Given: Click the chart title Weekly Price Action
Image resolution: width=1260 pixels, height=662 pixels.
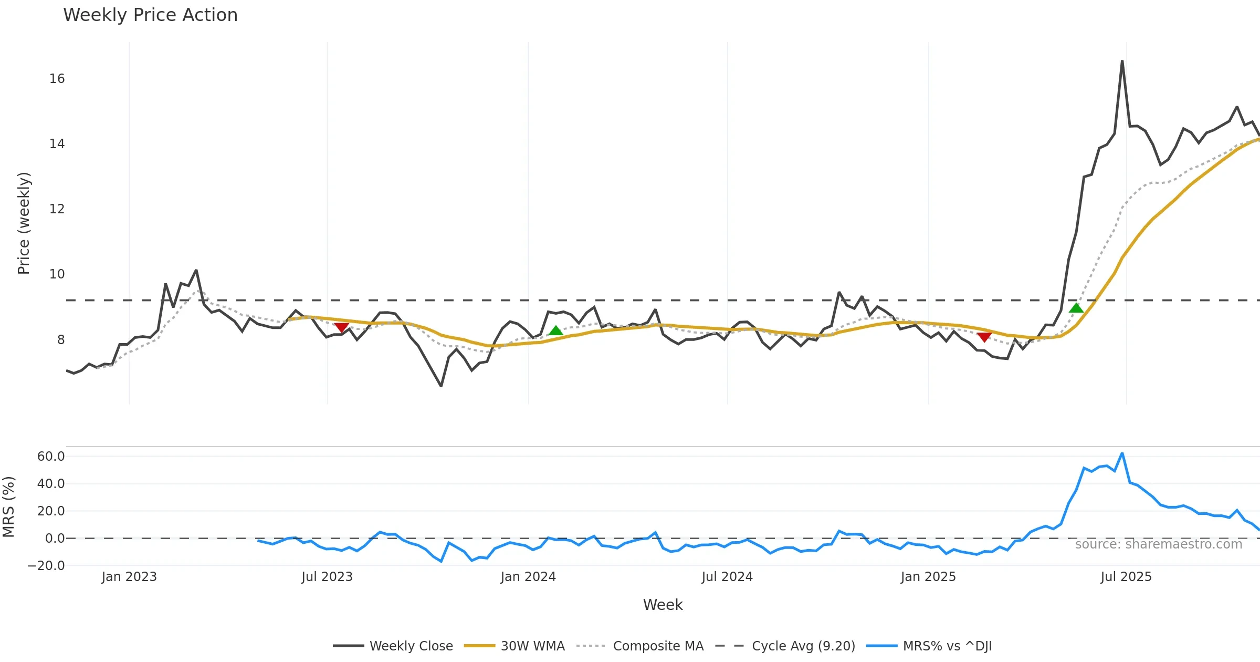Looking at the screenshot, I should (150, 15).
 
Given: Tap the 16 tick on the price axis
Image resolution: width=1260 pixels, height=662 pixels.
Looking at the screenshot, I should (57, 79).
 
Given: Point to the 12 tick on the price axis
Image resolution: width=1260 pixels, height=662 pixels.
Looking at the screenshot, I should (57, 209).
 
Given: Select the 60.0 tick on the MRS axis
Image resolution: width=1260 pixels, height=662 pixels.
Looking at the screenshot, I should (51, 456).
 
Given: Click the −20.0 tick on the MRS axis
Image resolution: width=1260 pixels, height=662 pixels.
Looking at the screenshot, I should (46, 566).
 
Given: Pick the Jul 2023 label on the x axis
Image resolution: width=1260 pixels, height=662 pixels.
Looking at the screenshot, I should (327, 577).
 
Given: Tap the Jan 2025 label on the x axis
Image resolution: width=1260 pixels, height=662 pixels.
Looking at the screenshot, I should (928, 577).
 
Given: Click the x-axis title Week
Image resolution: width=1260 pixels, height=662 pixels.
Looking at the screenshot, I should (663, 605).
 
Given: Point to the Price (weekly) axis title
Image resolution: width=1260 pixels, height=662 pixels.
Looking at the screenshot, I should (24, 223).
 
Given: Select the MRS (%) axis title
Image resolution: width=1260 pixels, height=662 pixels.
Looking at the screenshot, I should (9, 507).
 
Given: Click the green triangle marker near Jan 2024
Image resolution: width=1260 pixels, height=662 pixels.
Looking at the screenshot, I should (555, 330).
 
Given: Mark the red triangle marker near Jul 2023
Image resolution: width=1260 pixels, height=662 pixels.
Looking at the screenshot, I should (341, 328).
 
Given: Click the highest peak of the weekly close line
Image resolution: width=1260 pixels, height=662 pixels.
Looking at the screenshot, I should (1122, 61).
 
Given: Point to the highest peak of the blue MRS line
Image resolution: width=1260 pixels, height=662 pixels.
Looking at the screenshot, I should (1122, 453).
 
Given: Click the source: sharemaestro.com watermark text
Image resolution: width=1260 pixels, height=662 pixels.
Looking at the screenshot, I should (1158, 544).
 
